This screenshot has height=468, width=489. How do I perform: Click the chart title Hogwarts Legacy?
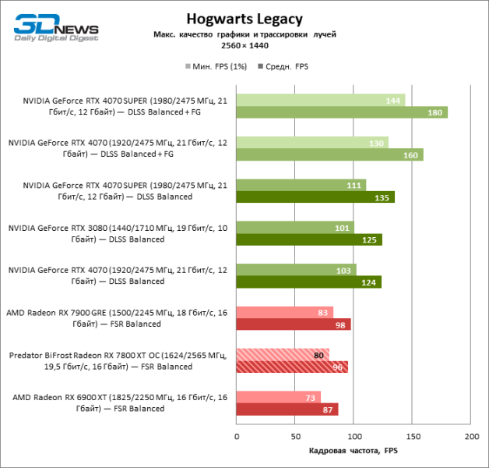tap(244, 19)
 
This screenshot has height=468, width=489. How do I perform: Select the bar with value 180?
tap(342, 112)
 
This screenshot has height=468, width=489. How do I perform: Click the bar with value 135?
tap(315, 197)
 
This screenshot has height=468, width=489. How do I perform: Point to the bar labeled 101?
tap(295, 227)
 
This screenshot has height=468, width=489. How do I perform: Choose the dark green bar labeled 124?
tap(309, 282)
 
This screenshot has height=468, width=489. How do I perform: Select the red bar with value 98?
tap(294, 324)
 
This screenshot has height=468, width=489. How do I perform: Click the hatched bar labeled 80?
tap(283, 354)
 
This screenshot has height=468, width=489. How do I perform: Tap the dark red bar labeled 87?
tap(287, 409)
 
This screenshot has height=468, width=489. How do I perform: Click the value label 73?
tap(311, 397)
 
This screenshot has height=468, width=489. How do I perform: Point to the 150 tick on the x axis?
tap(413, 435)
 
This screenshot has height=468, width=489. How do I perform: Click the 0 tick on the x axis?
tap(237, 435)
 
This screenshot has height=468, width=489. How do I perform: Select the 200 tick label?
tap(471, 435)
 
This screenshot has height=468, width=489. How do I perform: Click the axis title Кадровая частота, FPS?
tap(353, 451)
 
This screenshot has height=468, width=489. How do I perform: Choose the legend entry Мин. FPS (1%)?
tap(216, 67)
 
